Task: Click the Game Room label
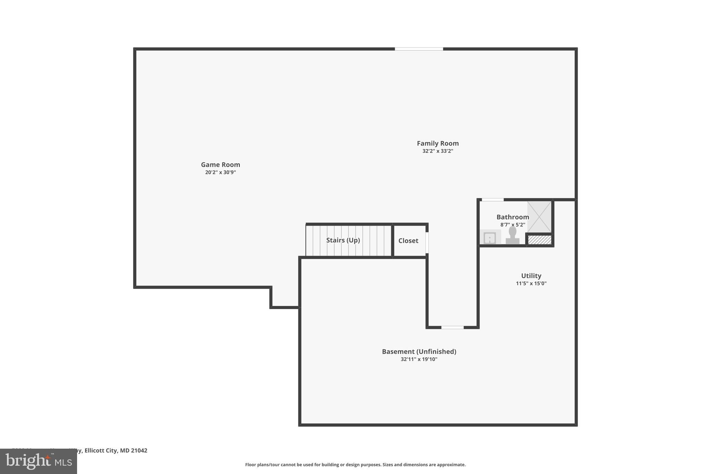220,165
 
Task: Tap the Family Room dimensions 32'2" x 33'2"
437,151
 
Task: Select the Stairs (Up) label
343,240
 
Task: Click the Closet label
408,241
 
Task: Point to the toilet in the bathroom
512,236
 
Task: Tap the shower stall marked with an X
539,217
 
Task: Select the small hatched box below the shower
539,240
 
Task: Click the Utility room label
531,276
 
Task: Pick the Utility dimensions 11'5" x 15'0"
531,283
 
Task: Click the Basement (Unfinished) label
419,351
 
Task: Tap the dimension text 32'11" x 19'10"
419,359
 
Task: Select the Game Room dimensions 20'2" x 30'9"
220,172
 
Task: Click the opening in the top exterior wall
419,49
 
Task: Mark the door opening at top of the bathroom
492,200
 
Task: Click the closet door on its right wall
427,242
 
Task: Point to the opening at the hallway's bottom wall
452,327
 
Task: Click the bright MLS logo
39,461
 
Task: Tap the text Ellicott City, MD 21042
116,450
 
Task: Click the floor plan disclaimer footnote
355,465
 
